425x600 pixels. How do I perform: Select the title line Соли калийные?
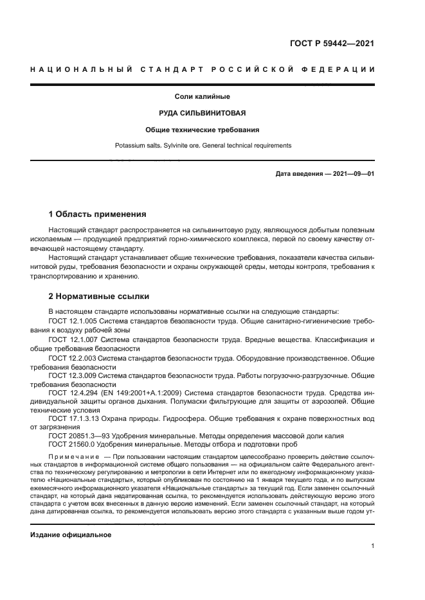point(203,97)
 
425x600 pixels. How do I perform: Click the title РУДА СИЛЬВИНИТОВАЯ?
point(203,113)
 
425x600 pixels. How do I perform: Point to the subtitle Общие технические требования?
point(203,130)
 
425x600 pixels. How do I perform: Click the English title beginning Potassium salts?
point(203,146)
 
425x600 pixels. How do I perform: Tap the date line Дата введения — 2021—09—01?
point(325,174)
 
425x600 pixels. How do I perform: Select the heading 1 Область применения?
point(98,214)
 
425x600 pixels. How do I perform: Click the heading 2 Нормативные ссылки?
point(99,296)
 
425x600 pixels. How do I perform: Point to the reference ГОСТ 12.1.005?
point(73,320)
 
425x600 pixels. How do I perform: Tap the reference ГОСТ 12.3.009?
point(73,374)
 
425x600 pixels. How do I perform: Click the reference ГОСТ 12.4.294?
point(73,391)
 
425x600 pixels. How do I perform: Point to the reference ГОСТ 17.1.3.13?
point(75,418)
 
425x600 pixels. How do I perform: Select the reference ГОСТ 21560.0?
point(73,444)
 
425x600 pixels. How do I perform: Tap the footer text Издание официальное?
point(71,535)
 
